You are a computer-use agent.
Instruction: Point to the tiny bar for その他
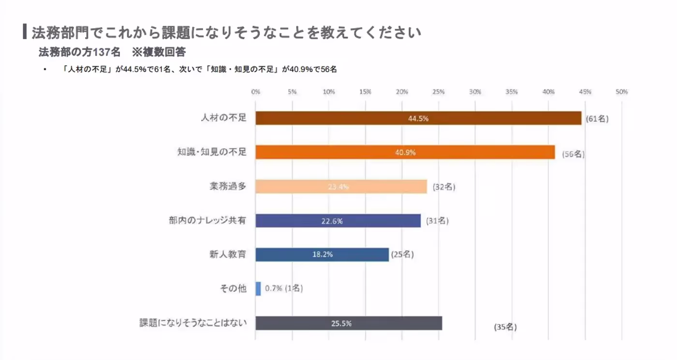258,289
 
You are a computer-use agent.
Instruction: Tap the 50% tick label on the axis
621,92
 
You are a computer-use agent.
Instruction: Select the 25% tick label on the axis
439,92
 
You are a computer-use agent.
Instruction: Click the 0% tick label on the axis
256,92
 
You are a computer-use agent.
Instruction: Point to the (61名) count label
597,119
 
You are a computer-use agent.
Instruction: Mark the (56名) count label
574,155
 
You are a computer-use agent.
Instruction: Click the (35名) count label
505,327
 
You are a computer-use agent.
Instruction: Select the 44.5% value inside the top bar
418,118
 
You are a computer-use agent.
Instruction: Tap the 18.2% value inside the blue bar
322,255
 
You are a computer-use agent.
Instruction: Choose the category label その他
233,289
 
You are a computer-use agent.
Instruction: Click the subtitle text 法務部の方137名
79,52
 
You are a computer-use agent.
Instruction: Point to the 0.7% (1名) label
284,289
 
